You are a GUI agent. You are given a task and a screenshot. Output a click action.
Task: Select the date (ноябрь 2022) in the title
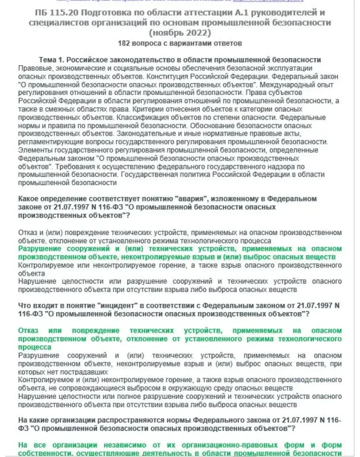tap(180, 32)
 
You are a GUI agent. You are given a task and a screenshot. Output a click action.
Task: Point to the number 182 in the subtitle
tap(124, 42)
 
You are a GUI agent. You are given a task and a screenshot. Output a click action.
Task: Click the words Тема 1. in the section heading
tap(51, 60)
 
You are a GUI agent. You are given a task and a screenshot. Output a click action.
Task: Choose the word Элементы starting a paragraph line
tap(33, 150)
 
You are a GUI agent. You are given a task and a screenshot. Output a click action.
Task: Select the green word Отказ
tap(28, 330)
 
